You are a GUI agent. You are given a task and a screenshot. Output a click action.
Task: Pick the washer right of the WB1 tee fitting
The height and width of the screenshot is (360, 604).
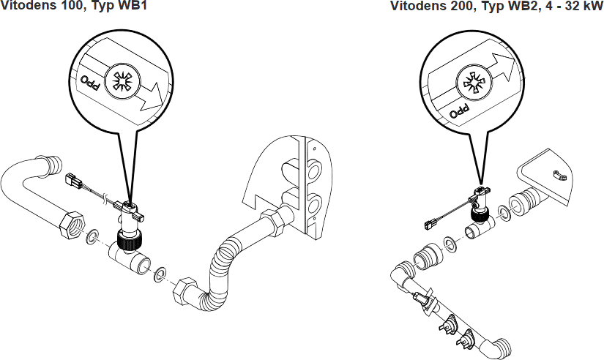coord(157,274)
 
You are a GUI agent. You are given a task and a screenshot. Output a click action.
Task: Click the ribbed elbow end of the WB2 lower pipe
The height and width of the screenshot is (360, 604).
coord(503,346)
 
